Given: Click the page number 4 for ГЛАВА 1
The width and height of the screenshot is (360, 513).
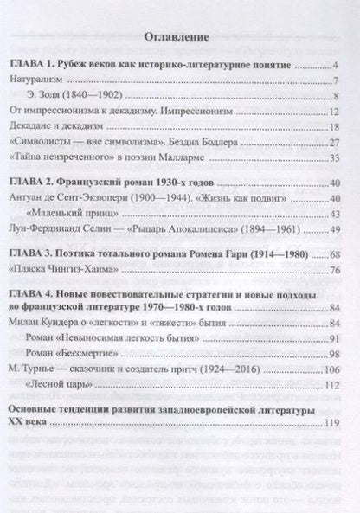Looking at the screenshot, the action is coord(333,67).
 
